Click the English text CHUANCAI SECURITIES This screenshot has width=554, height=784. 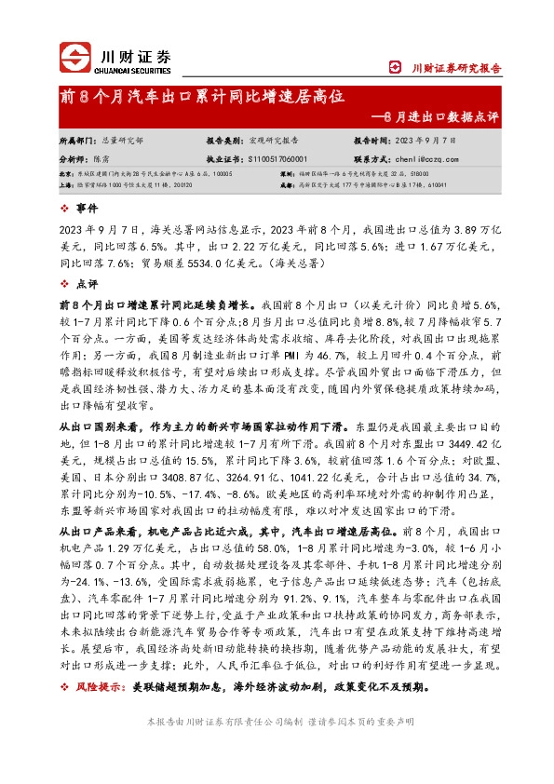pyautogui.click(x=136, y=69)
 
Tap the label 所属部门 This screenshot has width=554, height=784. pyautogui.click(x=77, y=140)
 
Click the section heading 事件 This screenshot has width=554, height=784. pyautogui.click(x=86, y=209)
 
